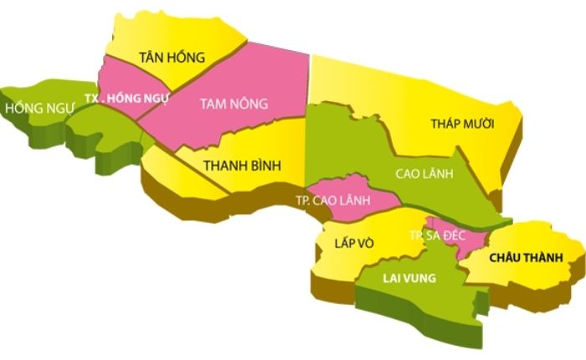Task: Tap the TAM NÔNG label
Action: [x=234, y=104]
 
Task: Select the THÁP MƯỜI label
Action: [x=462, y=124]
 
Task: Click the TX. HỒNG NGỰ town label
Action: [x=133, y=97]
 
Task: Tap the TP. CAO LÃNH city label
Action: [x=334, y=202]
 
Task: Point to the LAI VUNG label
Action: [x=409, y=278]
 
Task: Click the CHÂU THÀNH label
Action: [x=524, y=256]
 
